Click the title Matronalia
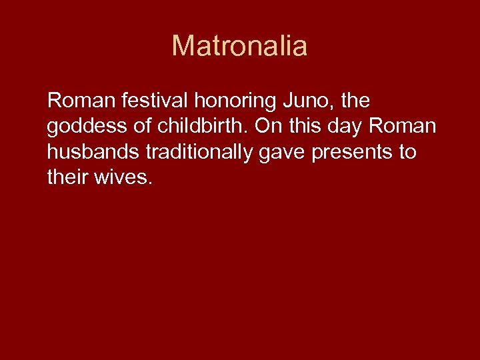239,46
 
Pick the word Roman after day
409,127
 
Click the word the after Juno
355,101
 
